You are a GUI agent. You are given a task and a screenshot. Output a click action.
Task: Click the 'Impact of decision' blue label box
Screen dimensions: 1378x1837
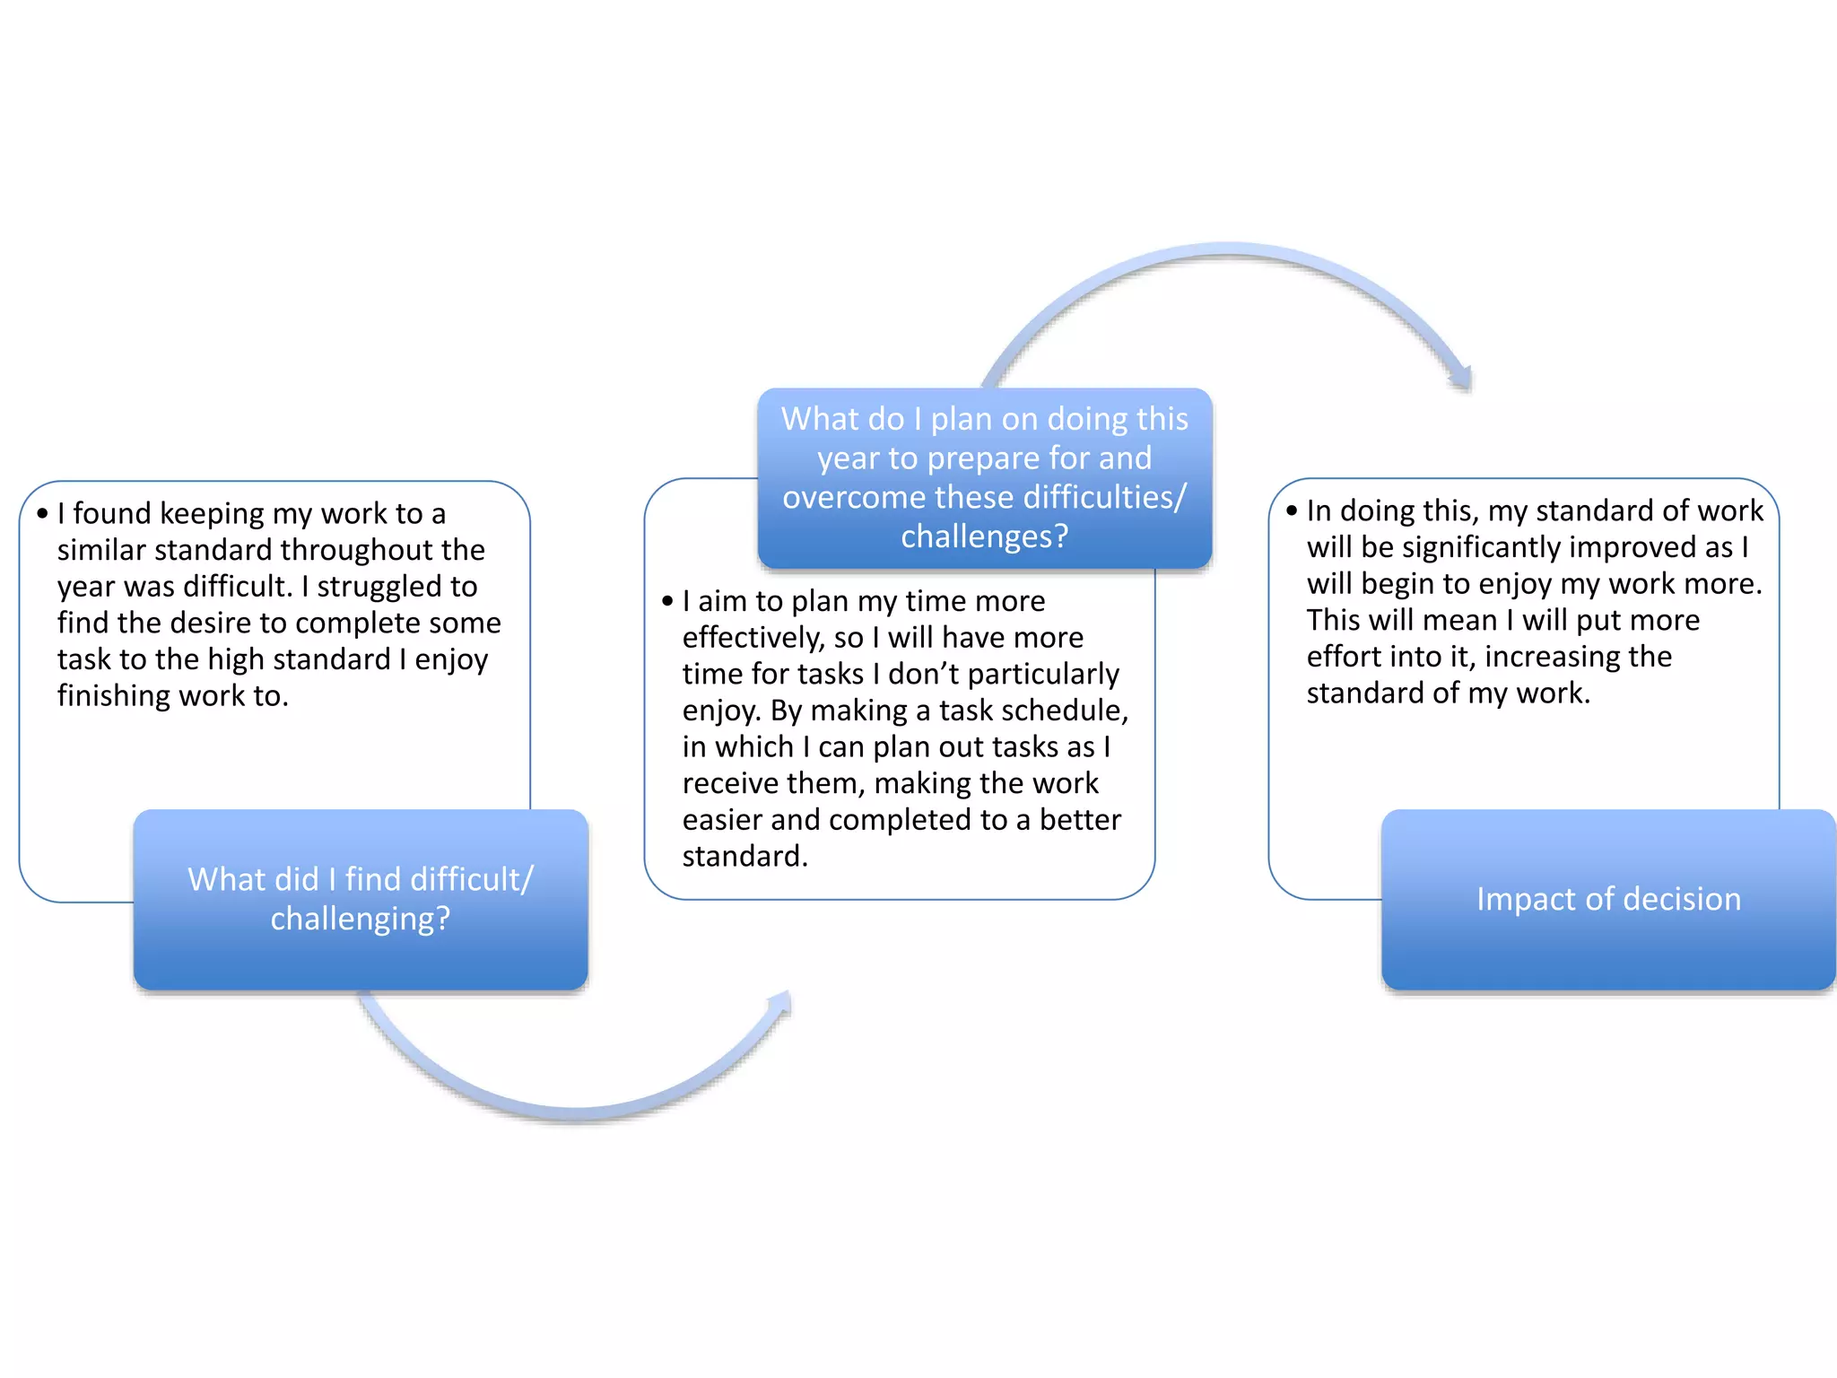point(1607,899)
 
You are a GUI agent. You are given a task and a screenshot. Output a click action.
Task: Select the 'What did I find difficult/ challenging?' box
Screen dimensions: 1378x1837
point(361,899)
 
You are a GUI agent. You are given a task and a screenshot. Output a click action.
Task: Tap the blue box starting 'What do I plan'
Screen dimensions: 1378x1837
point(984,477)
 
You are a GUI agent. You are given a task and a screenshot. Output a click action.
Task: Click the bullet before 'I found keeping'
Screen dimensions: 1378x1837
point(42,514)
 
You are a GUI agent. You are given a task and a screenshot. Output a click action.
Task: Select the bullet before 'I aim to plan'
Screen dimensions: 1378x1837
point(667,601)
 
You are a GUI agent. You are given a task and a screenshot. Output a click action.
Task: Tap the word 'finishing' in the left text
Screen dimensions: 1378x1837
point(114,696)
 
